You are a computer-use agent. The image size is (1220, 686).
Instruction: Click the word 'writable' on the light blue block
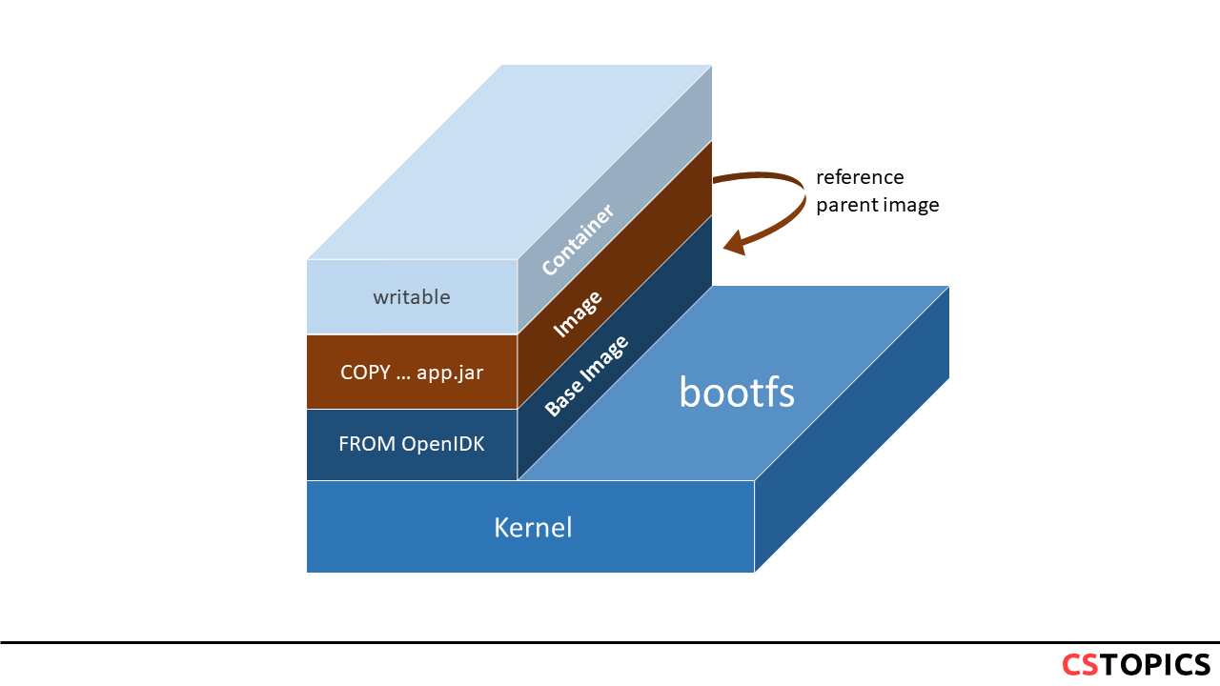(x=412, y=297)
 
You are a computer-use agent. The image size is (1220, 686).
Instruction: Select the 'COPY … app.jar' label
(x=412, y=373)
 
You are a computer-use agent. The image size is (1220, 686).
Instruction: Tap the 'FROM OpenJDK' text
(x=412, y=444)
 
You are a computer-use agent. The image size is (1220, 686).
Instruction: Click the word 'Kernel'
(x=533, y=527)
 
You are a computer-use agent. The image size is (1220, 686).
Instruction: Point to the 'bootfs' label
(x=737, y=392)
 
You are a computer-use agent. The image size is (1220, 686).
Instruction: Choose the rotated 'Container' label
(x=577, y=239)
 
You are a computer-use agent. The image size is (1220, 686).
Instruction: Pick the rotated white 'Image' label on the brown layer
(x=578, y=313)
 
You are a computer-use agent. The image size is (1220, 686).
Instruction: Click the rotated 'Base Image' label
(x=586, y=376)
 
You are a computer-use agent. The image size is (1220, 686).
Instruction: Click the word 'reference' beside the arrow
(x=860, y=177)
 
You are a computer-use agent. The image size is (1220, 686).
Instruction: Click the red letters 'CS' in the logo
(x=1080, y=664)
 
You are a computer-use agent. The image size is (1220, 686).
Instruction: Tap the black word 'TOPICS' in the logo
(x=1155, y=664)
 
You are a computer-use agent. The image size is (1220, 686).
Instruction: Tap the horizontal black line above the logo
(x=610, y=643)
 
